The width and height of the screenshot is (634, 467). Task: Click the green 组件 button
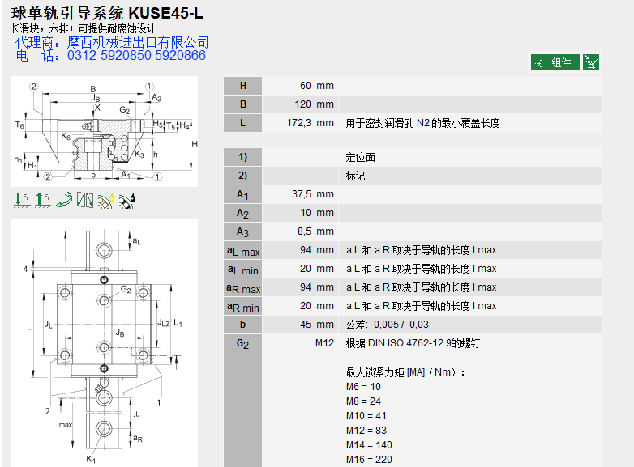[555, 62]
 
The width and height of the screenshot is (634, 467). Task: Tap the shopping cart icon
[591, 62]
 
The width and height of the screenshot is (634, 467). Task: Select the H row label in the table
[242, 85]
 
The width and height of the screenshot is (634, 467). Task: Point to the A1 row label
[242, 194]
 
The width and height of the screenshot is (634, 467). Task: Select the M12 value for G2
[324, 343]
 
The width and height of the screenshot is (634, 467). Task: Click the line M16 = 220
[369, 460]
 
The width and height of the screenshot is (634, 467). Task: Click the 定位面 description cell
[361, 157]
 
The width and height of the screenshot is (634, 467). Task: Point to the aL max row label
[242, 251]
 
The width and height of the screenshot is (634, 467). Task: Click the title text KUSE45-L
[166, 14]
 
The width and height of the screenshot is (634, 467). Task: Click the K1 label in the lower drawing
[92, 459]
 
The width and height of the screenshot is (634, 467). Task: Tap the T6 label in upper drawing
[19, 125]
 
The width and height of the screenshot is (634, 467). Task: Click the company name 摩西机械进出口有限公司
[138, 42]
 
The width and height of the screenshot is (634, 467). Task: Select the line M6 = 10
[363, 387]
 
